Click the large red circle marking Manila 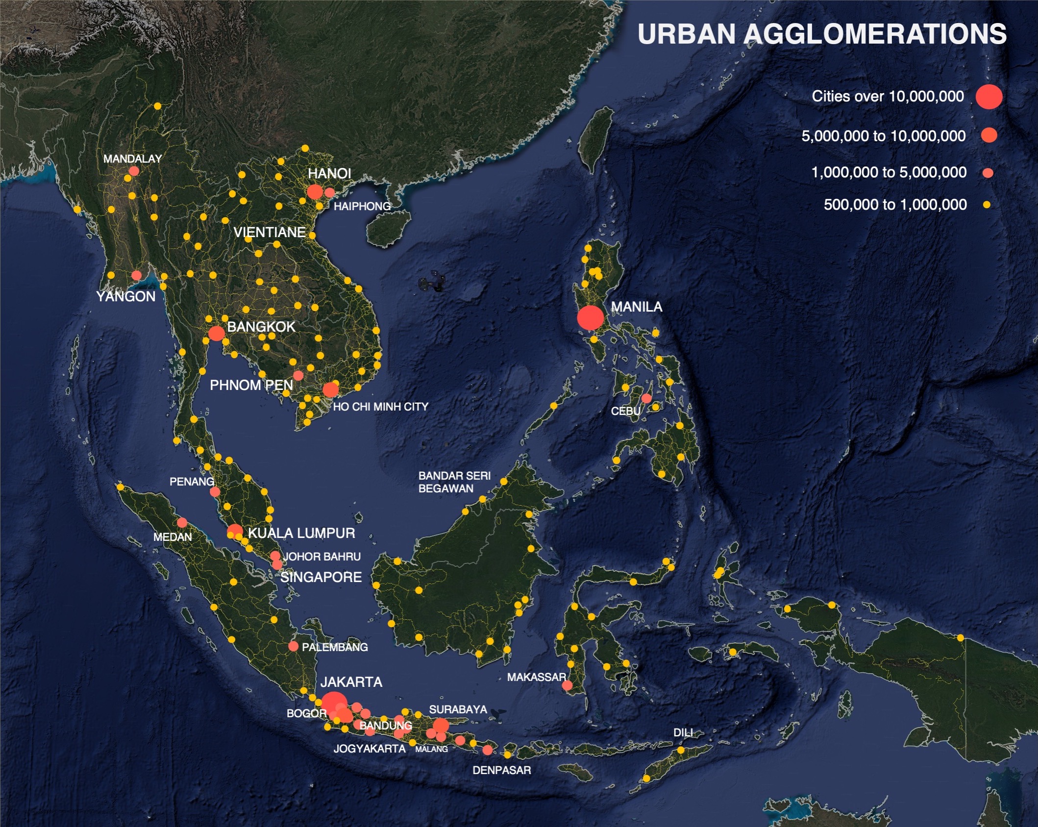[x=590, y=317]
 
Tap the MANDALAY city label [x=132, y=159]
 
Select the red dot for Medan [x=182, y=522]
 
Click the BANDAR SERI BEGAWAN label [x=454, y=482]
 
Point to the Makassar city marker [x=567, y=685]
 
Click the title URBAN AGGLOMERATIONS [x=822, y=34]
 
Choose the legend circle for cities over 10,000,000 [x=989, y=96]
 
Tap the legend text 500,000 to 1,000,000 [x=895, y=204]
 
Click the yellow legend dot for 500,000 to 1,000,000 [x=987, y=205]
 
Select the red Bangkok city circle [x=216, y=334]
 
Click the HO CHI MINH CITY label [x=380, y=407]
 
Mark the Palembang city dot [x=293, y=646]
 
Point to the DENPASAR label [x=501, y=770]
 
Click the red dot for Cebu [x=646, y=398]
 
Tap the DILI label [x=683, y=732]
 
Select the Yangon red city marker [x=137, y=275]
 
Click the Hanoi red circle [x=315, y=192]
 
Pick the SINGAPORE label [x=321, y=577]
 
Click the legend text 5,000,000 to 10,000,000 [x=883, y=136]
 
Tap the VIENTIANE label [x=270, y=232]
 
